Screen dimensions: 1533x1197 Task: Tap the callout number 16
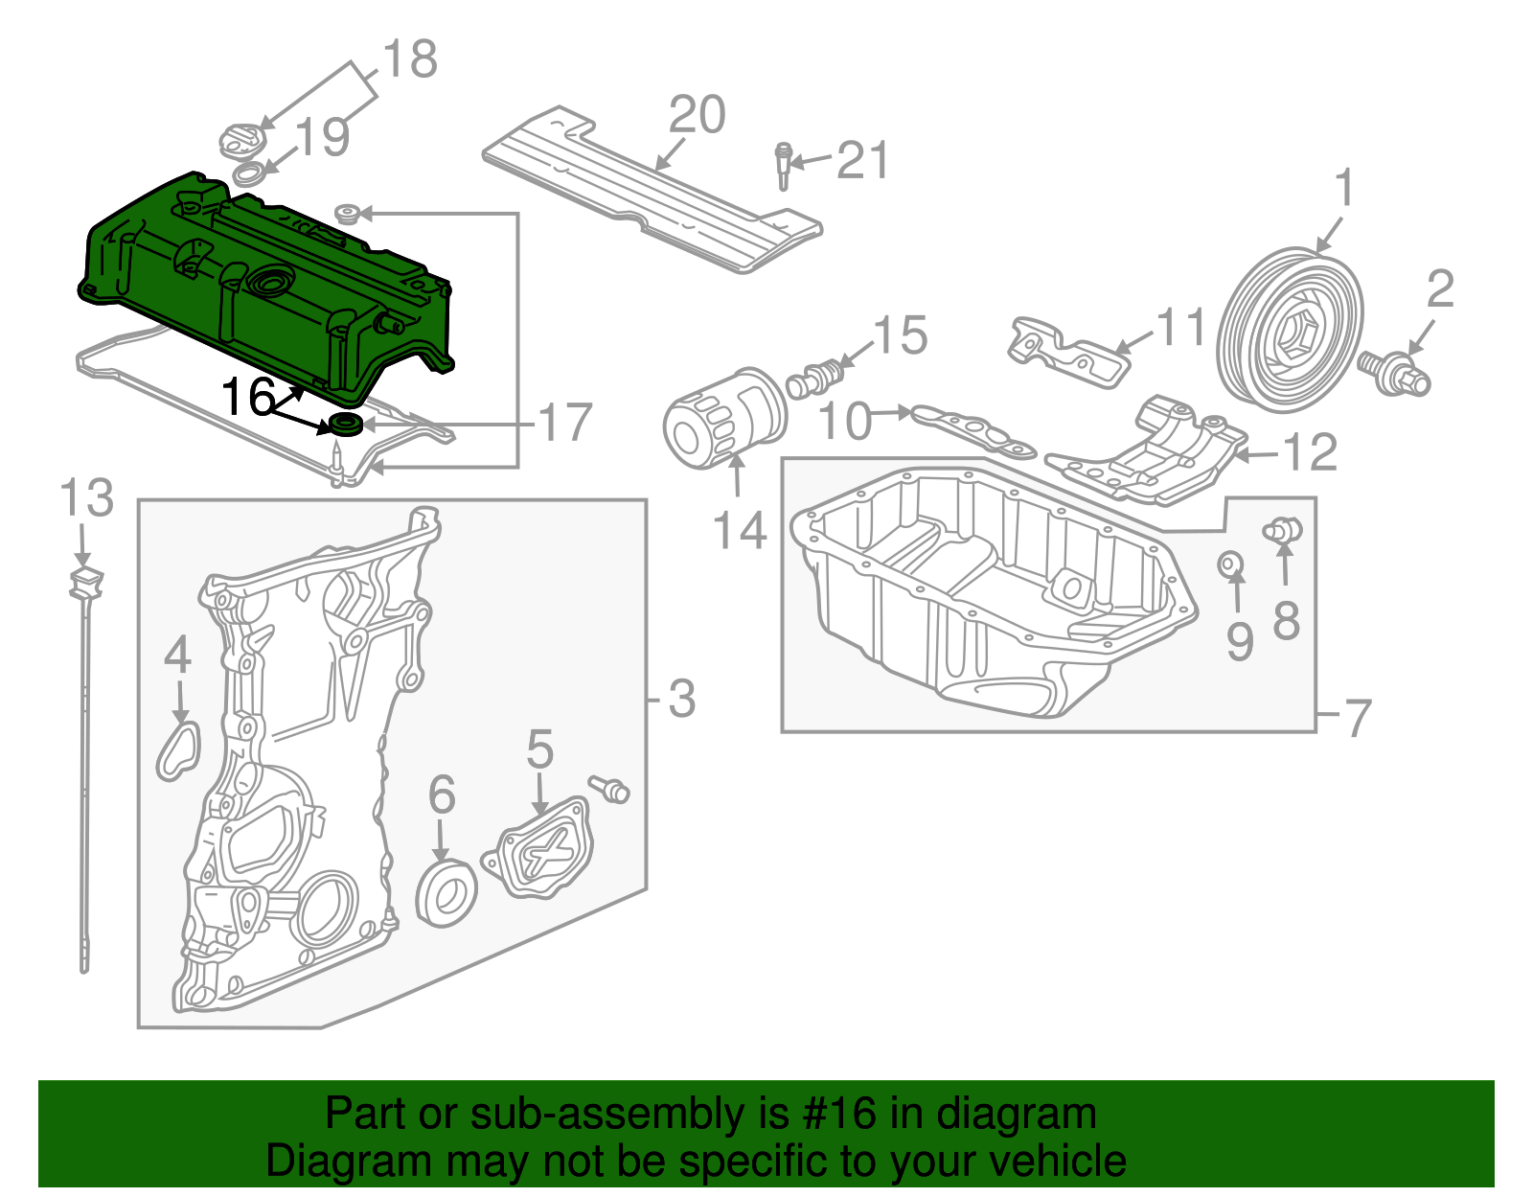click(248, 397)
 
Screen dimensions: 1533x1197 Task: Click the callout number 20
click(697, 116)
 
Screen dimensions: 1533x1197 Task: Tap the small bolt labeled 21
click(783, 167)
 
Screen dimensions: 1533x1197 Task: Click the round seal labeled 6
click(446, 893)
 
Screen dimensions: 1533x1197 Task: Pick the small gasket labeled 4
click(178, 750)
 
